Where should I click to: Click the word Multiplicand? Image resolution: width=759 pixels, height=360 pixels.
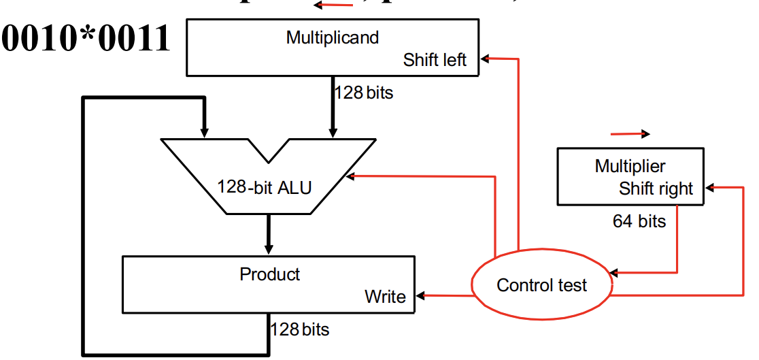[x=332, y=37]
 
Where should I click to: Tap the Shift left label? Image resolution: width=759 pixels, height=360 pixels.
[x=435, y=60]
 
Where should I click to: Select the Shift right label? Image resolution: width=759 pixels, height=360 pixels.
[x=656, y=189]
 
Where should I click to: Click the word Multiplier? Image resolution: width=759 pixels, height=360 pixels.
[x=630, y=166]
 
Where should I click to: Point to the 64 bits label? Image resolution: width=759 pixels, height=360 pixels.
[x=639, y=221]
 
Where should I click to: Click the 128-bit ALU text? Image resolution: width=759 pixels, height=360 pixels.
[x=264, y=186]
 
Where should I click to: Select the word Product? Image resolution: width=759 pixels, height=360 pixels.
[x=269, y=274]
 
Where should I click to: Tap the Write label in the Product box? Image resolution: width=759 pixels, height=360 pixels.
[x=385, y=297]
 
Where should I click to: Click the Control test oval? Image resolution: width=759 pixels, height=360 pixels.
[x=541, y=285]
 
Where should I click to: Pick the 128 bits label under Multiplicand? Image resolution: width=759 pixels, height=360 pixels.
[x=363, y=93]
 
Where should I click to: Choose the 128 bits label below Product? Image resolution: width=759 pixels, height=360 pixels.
[x=299, y=330]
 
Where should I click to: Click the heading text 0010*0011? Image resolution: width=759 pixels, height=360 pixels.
[x=86, y=39]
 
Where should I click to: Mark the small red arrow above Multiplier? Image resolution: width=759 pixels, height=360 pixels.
[x=630, y=134]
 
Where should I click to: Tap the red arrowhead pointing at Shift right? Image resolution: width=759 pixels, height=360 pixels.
[x=709, y=186]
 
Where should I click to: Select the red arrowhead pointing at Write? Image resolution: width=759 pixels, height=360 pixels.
[x=421, y=296]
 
